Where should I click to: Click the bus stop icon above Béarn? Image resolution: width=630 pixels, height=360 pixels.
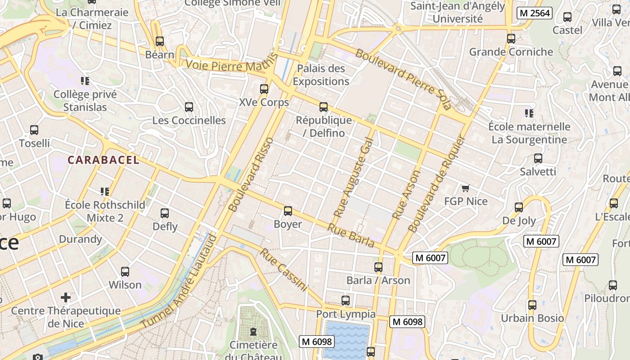point(160,41)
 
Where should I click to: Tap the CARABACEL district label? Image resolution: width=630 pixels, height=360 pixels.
point(103,160)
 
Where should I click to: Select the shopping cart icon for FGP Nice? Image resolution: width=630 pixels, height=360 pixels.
point(465,188)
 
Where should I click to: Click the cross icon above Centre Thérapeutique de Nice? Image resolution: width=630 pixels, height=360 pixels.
point(66,297)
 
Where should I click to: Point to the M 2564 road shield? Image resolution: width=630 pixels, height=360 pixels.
point(534,13)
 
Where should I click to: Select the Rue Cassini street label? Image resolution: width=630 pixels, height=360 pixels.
point(283,270)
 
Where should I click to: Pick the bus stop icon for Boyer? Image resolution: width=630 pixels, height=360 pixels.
point(288,211)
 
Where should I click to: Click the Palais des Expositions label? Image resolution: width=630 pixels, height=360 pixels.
point(321,75)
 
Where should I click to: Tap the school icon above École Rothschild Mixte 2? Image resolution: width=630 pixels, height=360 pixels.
point(105,192)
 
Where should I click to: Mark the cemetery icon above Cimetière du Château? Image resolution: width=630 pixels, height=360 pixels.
point(253,332)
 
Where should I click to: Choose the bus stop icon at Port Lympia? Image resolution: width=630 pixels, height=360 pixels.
point(346,301)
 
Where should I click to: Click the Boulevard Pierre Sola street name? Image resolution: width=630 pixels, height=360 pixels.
point(403,79)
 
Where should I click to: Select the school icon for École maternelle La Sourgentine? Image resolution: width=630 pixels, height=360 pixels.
point(529,113)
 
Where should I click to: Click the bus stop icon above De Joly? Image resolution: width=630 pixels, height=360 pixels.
point(519,207)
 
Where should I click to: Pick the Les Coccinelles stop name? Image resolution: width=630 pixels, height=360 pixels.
point(189,120)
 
